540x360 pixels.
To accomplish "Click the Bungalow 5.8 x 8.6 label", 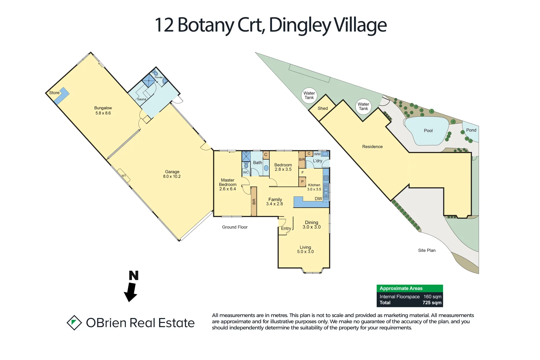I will point(103,110).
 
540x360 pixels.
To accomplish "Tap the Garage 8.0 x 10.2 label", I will point(172,174).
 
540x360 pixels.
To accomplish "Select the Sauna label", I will point(142,99).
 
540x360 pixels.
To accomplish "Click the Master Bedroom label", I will point(228,184).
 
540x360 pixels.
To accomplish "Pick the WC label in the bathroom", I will point(246,172).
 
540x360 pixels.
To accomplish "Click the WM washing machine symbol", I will point(325,154).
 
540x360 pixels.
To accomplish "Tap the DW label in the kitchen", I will point(318,199).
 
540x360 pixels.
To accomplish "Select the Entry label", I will point(286,228).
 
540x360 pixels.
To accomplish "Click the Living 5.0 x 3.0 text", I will point(305,249).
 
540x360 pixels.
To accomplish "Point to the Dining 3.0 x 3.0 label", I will point(312,225).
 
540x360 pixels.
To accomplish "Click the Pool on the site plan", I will point(428,131).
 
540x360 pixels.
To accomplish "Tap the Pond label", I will point(471,130).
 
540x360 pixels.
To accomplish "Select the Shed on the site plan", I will point(322,108).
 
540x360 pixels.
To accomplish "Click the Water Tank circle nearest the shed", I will point(309,95).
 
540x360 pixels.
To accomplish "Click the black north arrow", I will point(131,290).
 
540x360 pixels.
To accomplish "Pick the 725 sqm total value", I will point(432,303).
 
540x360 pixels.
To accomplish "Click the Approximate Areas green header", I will point(410,288).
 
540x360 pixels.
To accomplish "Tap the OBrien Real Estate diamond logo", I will point(74,323).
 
